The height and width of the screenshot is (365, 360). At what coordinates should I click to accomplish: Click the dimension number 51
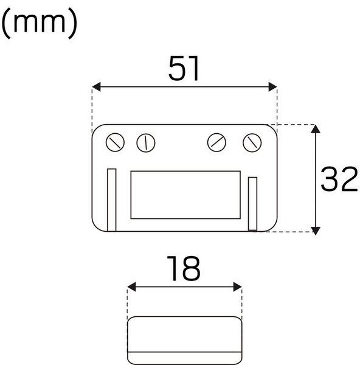click(x=184, y=69)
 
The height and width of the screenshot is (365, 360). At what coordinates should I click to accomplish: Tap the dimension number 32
click(x=339, y=179)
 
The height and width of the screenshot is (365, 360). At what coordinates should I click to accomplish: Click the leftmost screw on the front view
click(x=115, y=143)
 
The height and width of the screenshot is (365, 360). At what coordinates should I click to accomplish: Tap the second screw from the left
click(x=145, y=143)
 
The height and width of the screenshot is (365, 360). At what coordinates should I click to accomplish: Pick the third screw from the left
click(x=217, y=142)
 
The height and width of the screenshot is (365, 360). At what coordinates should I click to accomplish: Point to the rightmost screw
click(x=252, y=143)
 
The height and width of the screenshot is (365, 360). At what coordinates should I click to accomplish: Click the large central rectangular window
click(x=185, y=194)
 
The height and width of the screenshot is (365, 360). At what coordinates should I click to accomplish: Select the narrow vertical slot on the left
click(x=111, y=199)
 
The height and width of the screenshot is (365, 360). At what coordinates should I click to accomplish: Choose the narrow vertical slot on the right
click(x=253, y=203)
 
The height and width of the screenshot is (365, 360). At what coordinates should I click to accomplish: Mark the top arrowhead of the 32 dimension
click(x=315, y=129)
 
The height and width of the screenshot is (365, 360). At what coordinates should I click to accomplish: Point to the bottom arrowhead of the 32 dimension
click(x=315, y=229)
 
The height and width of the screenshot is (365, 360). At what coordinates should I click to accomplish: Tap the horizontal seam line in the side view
click(x=184, y=352)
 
